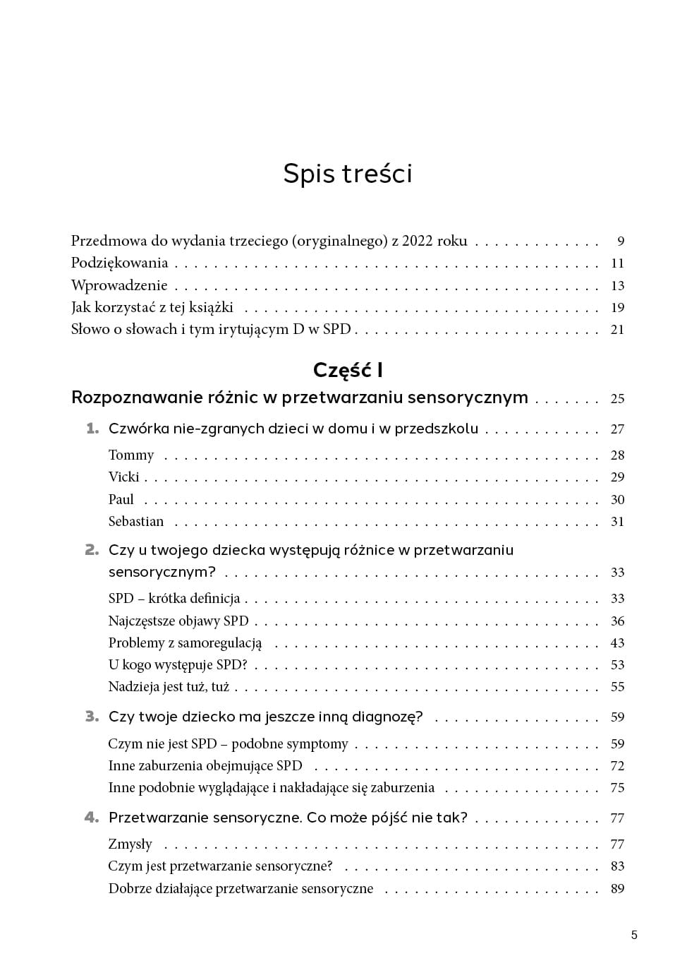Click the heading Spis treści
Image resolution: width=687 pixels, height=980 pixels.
point(347,174)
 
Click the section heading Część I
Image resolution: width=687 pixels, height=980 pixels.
point(347,370)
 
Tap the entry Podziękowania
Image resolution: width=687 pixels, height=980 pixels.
point(119,263)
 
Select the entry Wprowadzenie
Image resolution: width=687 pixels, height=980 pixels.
point(119,285)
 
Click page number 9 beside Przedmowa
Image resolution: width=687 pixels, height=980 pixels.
point(621,241)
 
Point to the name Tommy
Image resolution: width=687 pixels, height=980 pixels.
point(131,455)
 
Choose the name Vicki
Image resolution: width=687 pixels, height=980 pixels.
point(123,477)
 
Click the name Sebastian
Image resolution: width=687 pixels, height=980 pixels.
point(136,522)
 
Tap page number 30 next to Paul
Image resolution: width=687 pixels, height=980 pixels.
point(617,500)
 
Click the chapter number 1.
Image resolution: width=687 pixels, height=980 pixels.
point(92,429)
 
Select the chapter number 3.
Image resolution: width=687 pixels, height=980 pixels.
point(92,717)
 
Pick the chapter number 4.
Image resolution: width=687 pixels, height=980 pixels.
point(92,818)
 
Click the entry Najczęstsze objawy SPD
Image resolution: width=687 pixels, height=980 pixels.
point(178,621)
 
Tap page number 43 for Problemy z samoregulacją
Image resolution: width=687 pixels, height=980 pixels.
point(617,643)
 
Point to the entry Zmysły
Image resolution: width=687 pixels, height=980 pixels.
point(130,844)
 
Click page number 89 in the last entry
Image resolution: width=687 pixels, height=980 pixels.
point(617,889)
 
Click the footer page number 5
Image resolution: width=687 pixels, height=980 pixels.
point(634,936)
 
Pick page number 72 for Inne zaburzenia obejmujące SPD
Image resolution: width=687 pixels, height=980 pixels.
point(617,766)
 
